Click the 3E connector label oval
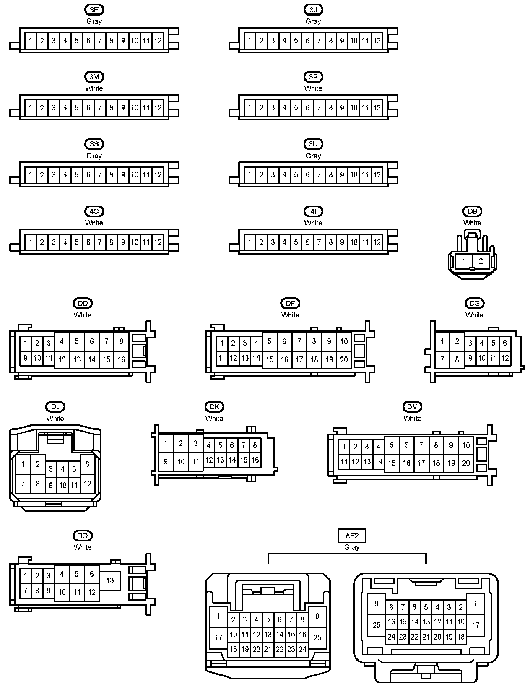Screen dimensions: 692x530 pos(94,10)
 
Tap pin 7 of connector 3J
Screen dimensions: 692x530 pos(319,41)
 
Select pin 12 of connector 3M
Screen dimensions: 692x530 pos(158,108)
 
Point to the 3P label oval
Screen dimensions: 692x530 pos(313,77)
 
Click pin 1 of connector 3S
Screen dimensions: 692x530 pos(31,175)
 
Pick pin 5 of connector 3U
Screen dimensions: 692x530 pos(296,175)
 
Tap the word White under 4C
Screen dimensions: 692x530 pos(94,223)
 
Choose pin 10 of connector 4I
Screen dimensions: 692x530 pos(354,242)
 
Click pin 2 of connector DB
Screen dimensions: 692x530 pos(481,261)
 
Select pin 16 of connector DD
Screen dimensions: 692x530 pos(122,359)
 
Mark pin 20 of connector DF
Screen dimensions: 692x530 pos(344,359)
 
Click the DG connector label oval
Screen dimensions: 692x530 pos(474,303)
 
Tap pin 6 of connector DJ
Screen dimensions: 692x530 pos(87,464)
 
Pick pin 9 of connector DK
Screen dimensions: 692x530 pos(166,462)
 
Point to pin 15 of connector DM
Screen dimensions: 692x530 pos(392,463)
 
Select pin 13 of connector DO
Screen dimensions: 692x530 pos(110,580)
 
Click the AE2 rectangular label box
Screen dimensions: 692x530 pos(352,536)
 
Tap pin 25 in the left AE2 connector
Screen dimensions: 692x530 pos(317,637)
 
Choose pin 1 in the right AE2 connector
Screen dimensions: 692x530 pos(475,604)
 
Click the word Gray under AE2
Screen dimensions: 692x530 pos(352,547)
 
